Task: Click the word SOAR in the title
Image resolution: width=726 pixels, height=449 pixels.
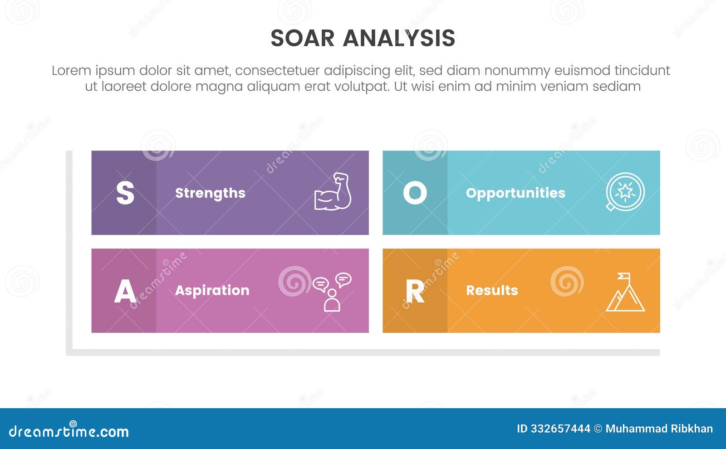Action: point(302,38)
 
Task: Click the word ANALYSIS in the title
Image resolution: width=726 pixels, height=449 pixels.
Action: point(399,38)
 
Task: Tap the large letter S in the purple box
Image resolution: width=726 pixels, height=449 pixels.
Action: point(125,193)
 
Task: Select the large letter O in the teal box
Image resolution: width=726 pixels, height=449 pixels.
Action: point(415,193)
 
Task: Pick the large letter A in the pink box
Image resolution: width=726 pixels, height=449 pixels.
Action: point(125,291)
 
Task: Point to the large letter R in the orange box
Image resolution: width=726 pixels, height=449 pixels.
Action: point(415,291)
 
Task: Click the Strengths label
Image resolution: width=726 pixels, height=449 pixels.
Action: point(210,193)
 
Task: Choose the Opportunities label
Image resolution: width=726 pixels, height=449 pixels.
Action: point(515,193)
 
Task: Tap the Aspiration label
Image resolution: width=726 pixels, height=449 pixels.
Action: point(212,290)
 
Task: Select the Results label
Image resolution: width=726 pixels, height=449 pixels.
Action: point(492,290)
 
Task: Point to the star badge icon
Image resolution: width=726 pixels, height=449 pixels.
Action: point(625,192)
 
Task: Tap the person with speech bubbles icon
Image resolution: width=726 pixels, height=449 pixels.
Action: point(332,292)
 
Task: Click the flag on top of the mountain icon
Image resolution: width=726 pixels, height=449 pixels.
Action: point(624,276)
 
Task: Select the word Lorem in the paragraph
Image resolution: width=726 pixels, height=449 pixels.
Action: point(71,71)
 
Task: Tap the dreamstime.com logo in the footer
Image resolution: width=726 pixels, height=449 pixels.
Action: point(69,431)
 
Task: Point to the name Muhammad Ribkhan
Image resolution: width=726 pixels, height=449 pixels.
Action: point(659,429)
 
